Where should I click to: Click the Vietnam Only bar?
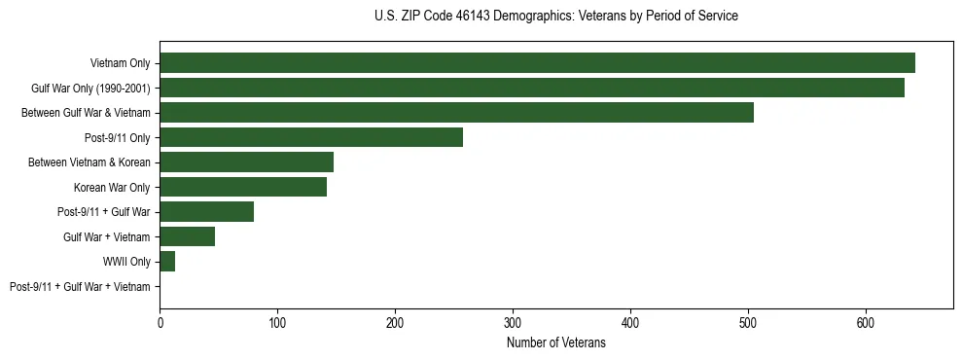[537, 62]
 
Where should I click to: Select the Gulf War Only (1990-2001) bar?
[532, 88]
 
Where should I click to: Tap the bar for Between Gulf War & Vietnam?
[456, 112]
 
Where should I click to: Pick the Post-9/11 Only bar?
[311, 137]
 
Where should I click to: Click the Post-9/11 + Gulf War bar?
[206, 211]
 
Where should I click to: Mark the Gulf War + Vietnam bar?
[187, 236]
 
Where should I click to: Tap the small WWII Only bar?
[167, 261]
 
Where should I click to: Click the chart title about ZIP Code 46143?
[555, 17]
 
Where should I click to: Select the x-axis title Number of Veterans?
[555, 342]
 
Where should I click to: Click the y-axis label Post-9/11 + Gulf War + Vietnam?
[80, 286]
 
